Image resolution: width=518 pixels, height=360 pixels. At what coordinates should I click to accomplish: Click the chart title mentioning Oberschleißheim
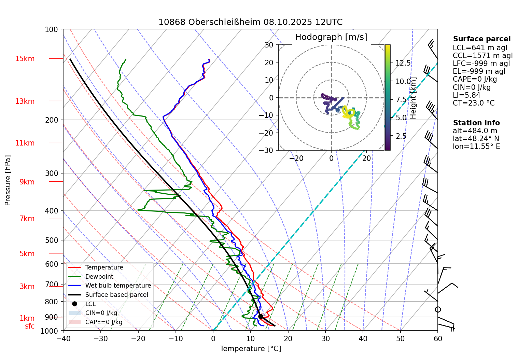click(250, 22)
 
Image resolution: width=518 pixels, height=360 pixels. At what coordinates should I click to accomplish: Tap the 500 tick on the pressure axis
click(52, 240)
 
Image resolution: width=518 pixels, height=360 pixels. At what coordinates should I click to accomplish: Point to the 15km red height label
click(25, 59)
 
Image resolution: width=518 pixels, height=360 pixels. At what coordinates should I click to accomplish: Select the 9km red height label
click(27, 182)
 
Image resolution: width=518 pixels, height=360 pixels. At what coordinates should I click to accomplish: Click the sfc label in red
click(30, 326)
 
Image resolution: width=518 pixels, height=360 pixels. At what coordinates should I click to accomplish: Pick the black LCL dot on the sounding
click(261, 316)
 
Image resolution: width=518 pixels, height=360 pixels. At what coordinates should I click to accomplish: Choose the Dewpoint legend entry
click(99, 277)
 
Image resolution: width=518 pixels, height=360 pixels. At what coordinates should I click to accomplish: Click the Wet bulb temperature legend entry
click(118, 286)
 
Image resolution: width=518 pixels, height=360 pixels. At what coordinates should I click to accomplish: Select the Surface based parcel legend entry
click(116, 295)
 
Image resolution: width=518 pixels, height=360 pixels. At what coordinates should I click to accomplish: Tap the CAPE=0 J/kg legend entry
click(103, 322)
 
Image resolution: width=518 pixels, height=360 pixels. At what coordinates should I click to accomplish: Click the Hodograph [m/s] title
click(331, 37)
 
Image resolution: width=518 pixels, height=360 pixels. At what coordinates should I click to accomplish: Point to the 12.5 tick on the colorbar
click(403, 63)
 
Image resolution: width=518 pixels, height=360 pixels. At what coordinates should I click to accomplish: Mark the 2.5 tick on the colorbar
click(401, 136)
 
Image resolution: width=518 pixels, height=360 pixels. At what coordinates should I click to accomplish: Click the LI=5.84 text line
click(466, 95)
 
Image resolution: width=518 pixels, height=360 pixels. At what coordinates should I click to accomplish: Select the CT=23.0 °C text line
click(473, 103)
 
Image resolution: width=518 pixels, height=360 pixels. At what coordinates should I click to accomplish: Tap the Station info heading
click(476, 123)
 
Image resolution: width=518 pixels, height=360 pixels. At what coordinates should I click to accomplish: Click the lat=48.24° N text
click(476, 139)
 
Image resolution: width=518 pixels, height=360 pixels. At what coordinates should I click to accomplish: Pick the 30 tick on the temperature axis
click(325, 339)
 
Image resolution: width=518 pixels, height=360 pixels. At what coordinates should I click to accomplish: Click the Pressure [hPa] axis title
click(8, 180)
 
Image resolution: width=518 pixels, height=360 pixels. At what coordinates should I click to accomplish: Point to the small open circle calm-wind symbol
click(438, 309)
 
